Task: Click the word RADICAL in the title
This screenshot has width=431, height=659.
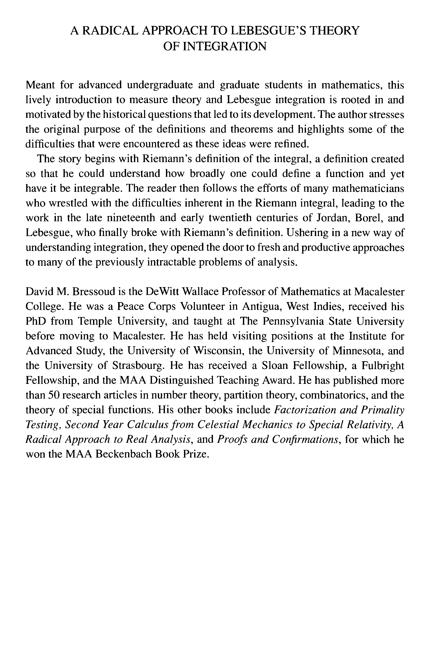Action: [x=110, y=31]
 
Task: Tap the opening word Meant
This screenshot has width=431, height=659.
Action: [x=40, y=85]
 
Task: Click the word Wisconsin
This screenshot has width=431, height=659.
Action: [x=217, y=351]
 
